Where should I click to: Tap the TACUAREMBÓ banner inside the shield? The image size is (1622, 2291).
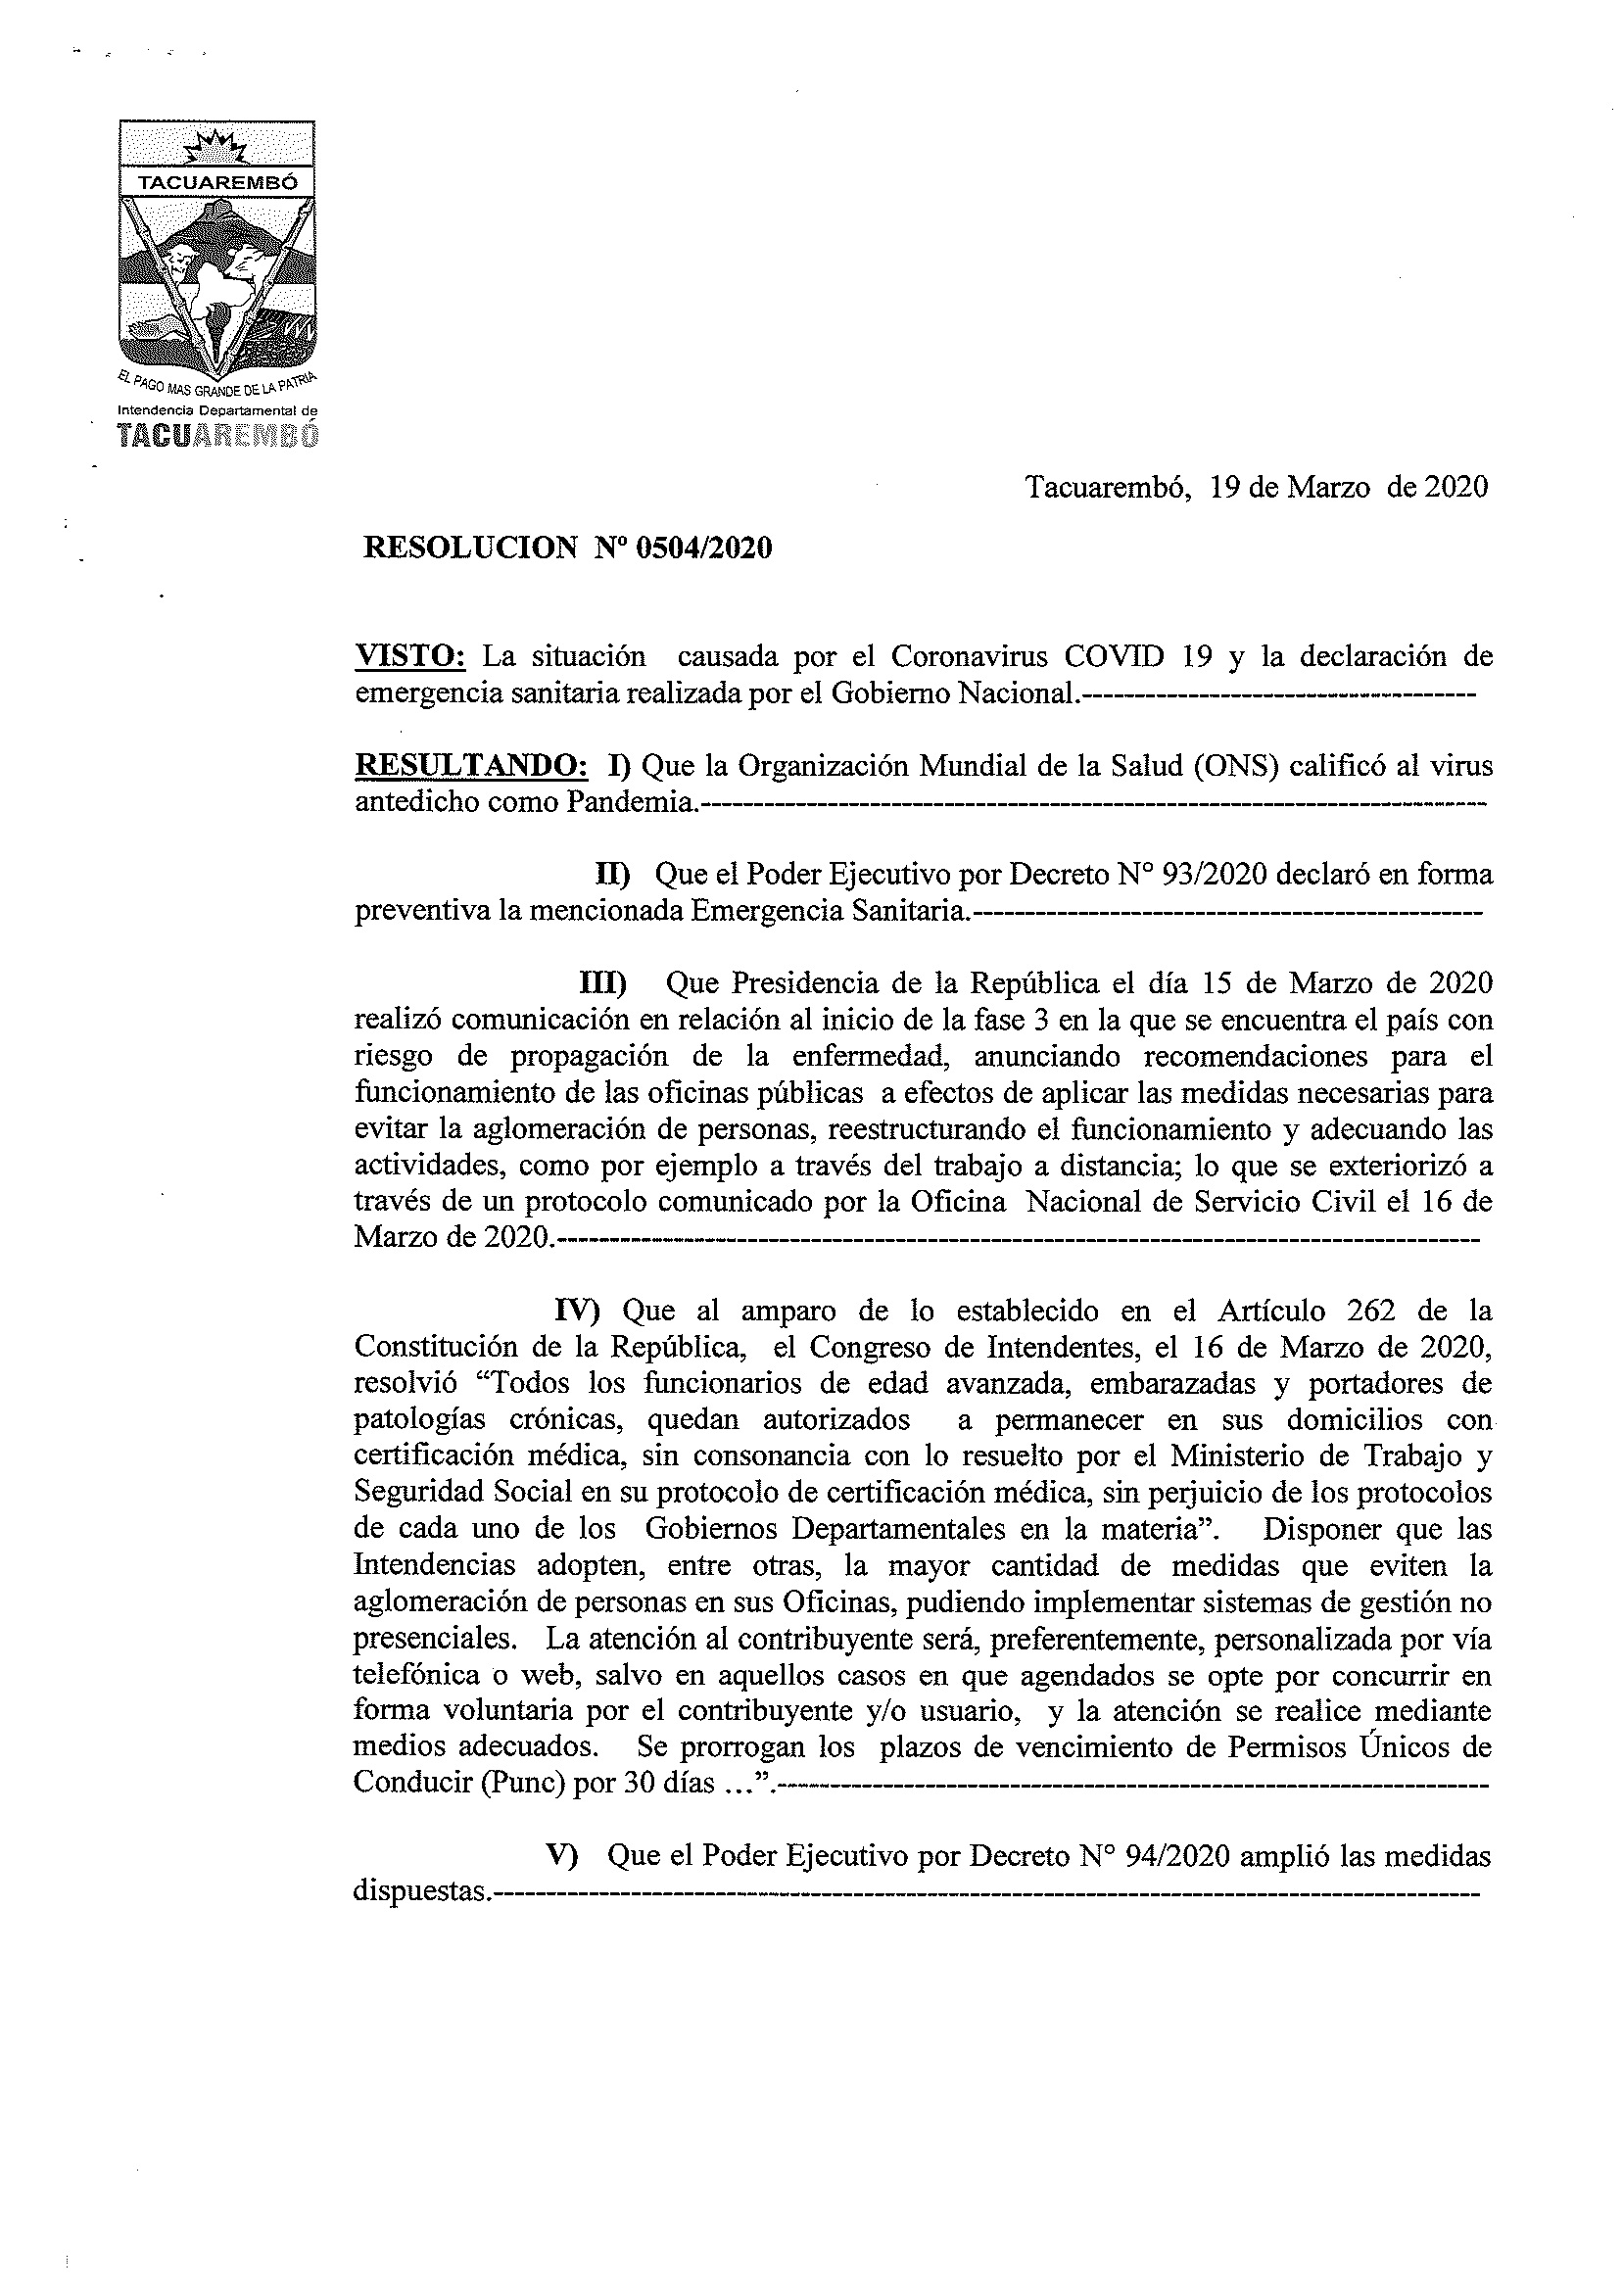click(x=216, y=184)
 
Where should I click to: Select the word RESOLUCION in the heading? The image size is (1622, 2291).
click(x=470, y=548)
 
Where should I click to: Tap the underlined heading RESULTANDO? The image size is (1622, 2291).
click(x=471, y=766)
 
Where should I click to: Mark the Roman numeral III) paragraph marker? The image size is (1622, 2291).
click(x=603, y=983)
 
